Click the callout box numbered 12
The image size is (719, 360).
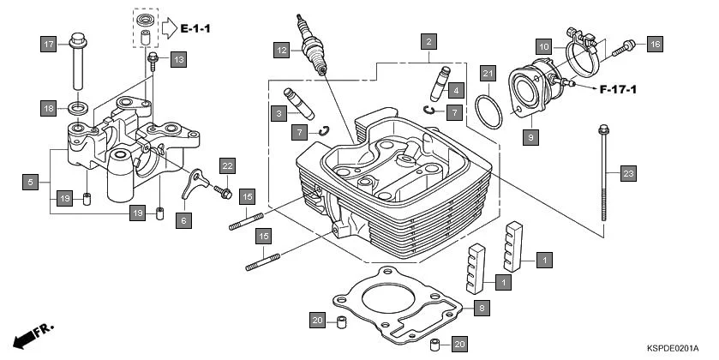(281, 51)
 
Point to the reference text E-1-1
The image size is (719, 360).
(195, 29)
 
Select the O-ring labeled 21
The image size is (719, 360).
(489, 111)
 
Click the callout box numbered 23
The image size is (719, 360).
(628, 174)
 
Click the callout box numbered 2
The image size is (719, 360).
(427, 40)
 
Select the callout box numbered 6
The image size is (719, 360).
(182, 220)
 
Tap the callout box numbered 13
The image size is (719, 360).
(177, 59)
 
